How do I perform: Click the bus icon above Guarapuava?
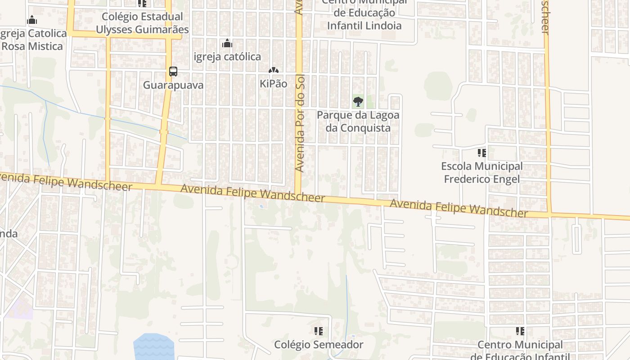[x=173, y=71]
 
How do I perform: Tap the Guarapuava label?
[x=173, y=85]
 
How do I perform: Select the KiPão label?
[x=273, y=84]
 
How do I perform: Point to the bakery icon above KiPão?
[x=273, y=70]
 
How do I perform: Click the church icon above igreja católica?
[x=227, y=43]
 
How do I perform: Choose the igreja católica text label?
[x=227, y=57]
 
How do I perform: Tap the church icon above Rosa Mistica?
[x=32, y=20]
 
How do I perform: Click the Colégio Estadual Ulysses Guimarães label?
[x=142, y=23]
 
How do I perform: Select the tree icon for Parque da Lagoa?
[x=358, y=101]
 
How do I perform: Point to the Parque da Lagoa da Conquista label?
[x=358, y=121]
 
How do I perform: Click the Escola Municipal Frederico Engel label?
[x=482, y=173]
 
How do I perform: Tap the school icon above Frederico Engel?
[x=482, y=153]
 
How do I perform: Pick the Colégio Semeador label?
[x=319, y=345]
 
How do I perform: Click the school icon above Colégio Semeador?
[x=319, y=332]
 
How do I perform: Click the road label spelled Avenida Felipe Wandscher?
[x=459, y=209]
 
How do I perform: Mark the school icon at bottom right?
[x=520, y=332]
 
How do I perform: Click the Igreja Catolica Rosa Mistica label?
[x=32, y=40]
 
